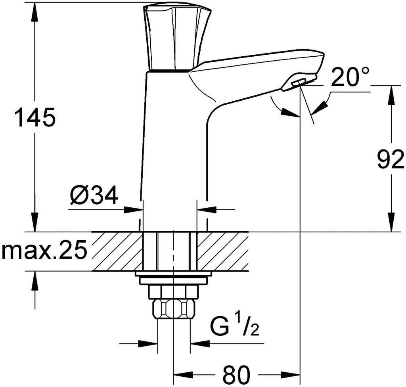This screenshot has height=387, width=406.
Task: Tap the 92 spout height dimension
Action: [x=390, y=159]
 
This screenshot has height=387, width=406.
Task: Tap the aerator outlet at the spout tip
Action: [x=299, y=83]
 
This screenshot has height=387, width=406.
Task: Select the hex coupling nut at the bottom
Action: [x=174, y=309]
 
